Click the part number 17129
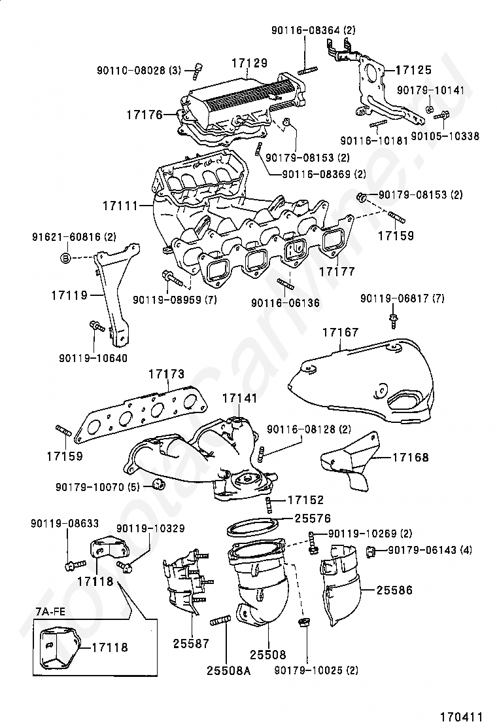[249, 64]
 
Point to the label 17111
[120, 206]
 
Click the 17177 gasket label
[337, 270]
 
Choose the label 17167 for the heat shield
[340, 333]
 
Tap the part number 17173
[165, 375]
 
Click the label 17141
[239, 398]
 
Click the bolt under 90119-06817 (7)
[394, 321]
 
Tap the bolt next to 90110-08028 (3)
[198, 69]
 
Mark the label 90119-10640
[93, 358]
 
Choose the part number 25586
[394, 590]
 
